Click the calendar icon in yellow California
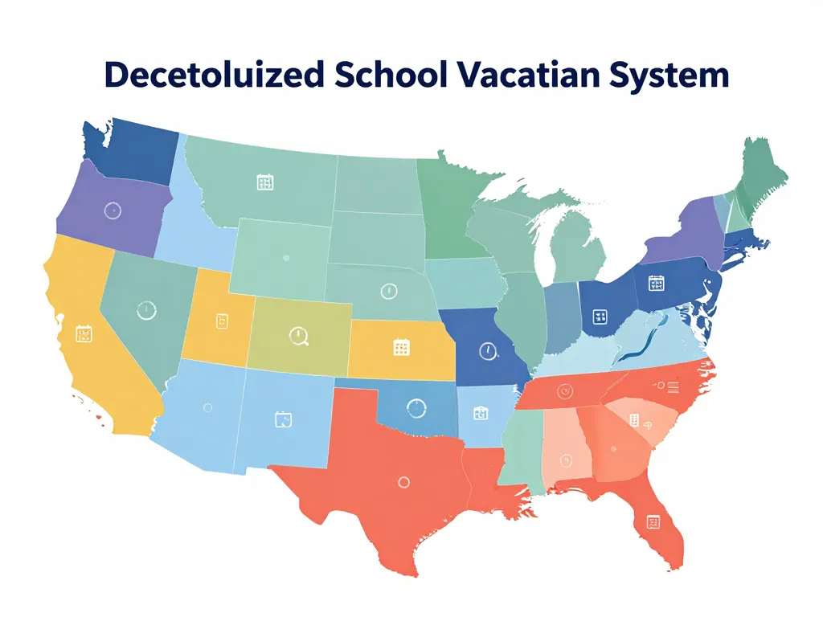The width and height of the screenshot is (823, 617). [84, 334]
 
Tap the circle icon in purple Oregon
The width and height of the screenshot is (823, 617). [113, 210]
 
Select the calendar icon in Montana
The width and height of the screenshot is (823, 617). [264, 182]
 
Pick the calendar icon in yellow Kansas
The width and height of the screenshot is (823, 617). [402, 347]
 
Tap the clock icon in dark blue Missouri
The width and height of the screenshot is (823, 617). [486, 350]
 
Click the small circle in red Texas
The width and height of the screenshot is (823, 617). [403, 482]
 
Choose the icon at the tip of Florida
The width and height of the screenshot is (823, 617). [653, 522]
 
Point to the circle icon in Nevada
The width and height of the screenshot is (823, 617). [146, 308]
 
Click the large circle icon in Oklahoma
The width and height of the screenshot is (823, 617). [416, 408]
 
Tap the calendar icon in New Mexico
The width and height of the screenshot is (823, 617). [282, 419]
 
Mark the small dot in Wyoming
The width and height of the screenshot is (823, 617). [286, 258]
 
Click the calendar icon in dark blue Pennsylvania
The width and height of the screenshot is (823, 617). [657, 284]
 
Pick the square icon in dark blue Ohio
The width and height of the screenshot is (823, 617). [599, 317]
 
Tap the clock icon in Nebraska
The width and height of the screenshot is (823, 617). [387, 291]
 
